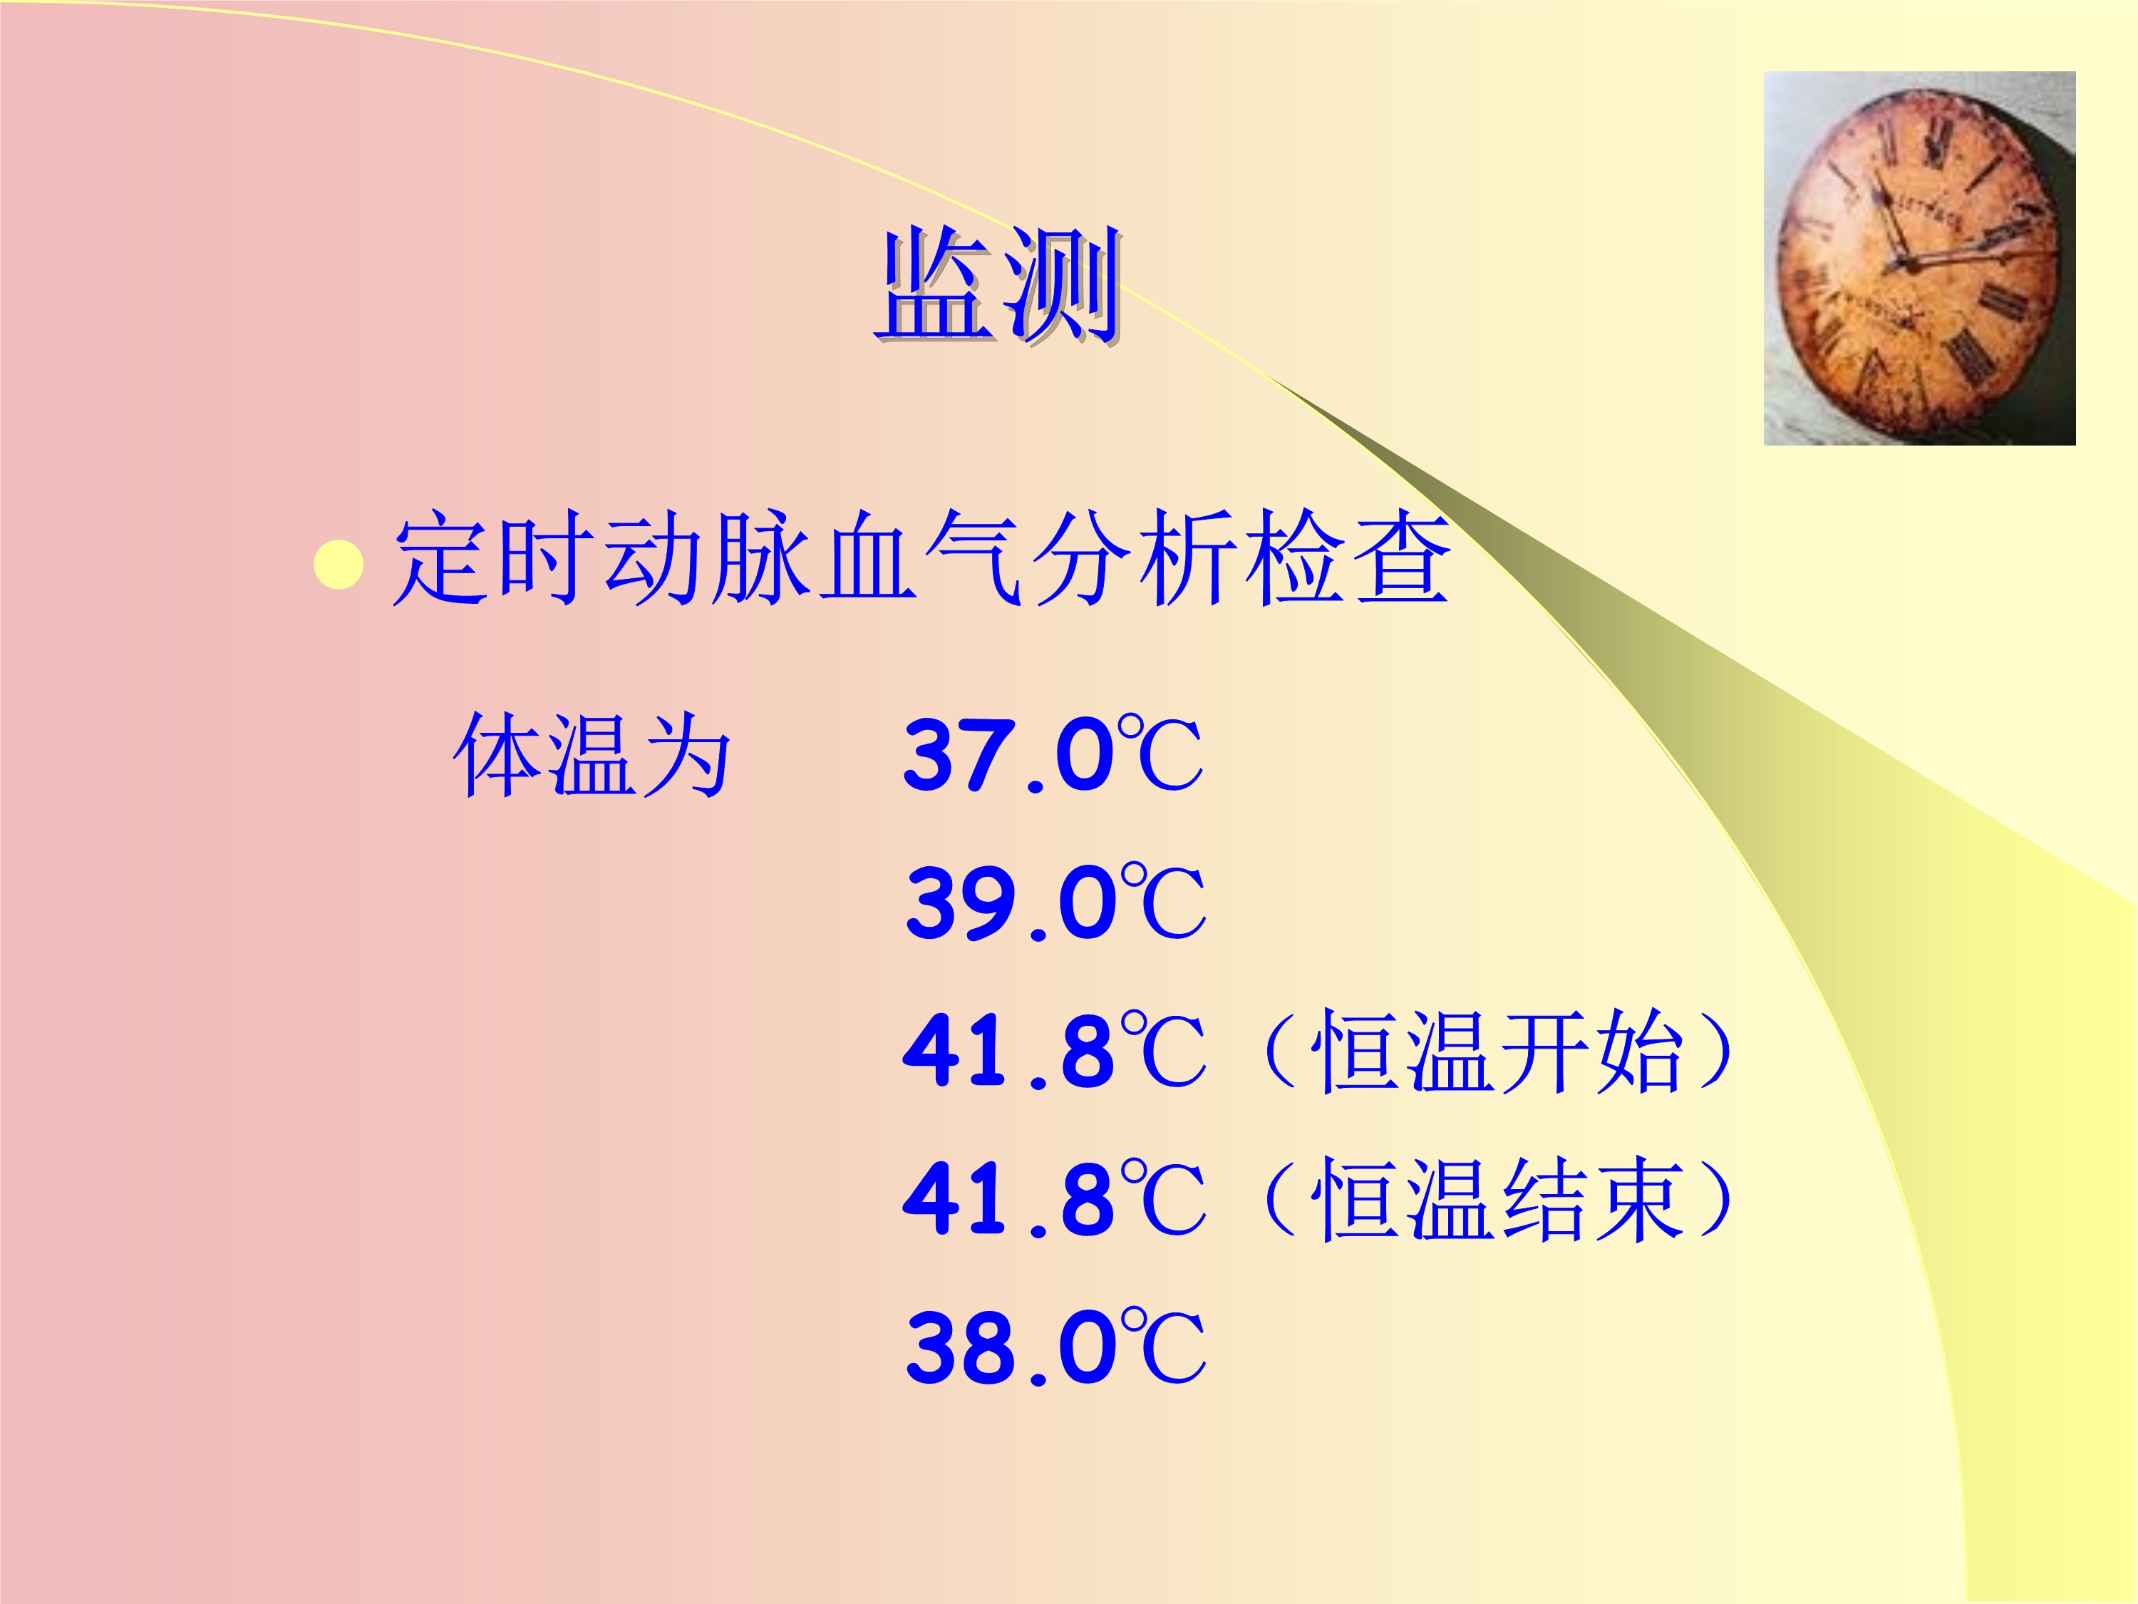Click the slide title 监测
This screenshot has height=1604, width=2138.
click(998, 285)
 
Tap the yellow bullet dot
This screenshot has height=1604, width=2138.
click(339, 565)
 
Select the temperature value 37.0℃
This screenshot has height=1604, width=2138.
click(1053, 755)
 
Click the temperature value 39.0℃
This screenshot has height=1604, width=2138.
click(1055, 902)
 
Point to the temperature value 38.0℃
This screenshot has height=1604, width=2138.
click(1055, 1346)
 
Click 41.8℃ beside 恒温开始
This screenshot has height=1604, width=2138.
click(1055, 1050)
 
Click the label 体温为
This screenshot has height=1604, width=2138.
click(592, 755)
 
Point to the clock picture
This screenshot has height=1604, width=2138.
click(1919, 258)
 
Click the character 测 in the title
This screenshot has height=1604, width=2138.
click(1063, 285)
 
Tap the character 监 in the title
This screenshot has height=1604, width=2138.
click(936, 285)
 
